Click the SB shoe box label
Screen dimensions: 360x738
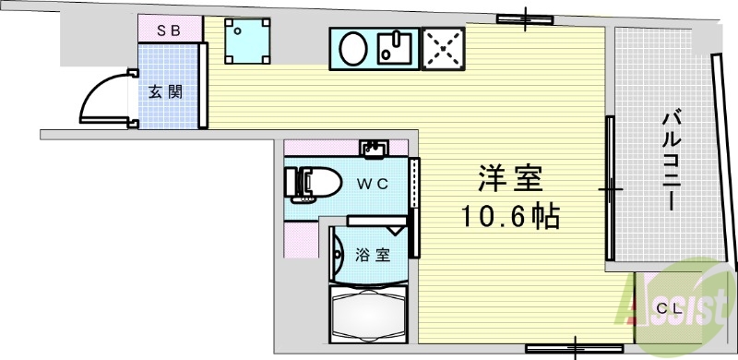coord(168,30)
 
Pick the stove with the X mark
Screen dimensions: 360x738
coord(446,47)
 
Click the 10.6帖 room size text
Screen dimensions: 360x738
coord(510,217)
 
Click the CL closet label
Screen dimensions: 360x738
coord(671,309)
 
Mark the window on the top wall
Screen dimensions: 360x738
coord(524,18)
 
